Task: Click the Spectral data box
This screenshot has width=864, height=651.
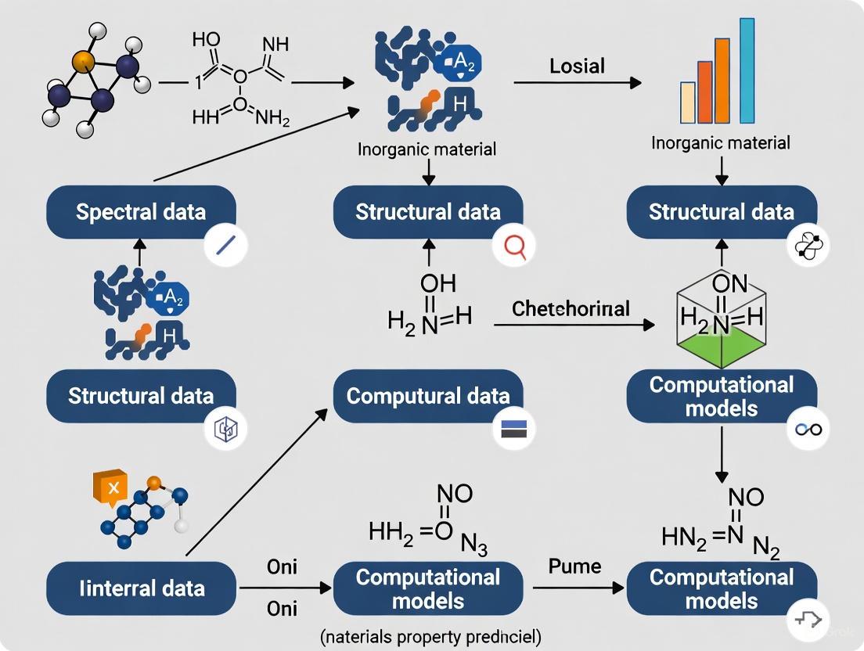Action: (141, 212)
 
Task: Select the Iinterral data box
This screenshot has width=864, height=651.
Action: (141, 588)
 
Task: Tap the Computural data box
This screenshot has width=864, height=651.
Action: (428, 396)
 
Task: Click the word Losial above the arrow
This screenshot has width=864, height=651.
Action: (577, 65)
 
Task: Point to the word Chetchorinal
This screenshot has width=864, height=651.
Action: (571, 309)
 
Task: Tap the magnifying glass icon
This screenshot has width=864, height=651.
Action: (514, 247)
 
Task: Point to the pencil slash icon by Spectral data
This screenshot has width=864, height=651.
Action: (225, 246)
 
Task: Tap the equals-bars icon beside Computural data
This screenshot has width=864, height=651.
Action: (513, 429)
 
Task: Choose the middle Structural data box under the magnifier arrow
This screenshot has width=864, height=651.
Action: (428, 212)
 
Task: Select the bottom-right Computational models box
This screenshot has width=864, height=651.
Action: (722, 588)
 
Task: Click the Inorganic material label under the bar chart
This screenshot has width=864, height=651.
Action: (720, 142)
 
